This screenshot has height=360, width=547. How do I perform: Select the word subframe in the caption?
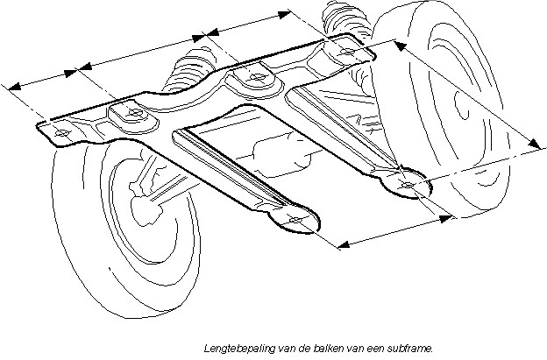pos(412,346)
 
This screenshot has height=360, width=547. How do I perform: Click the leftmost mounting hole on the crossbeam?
pos(61,132)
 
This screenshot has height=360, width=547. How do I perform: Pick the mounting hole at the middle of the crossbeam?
pos(256,77)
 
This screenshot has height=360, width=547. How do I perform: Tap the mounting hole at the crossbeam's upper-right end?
pos(346,52)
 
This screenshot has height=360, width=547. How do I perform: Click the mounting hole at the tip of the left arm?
pos(296,219)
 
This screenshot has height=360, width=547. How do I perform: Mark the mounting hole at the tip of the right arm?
pos(408,185)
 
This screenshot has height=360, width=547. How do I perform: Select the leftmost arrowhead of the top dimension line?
pos(11,86)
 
